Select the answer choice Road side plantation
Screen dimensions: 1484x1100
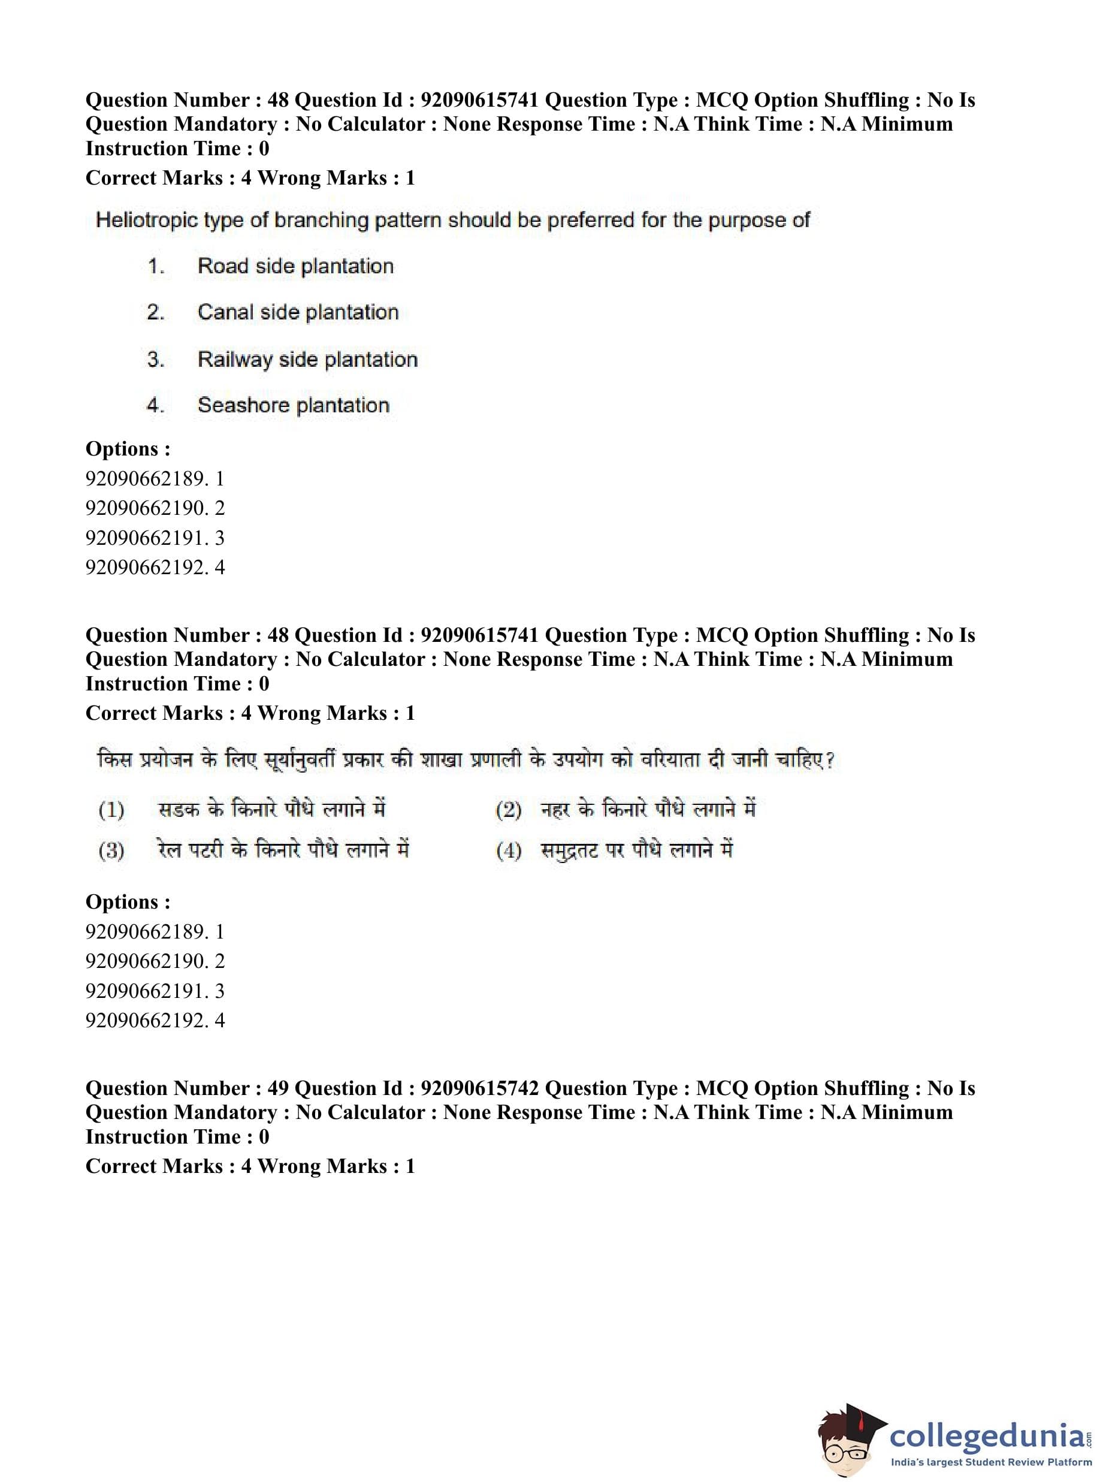(x=295, y=267)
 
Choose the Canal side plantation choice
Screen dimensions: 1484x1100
(x=298, y=312)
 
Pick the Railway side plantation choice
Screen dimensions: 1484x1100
(x=307, y=360)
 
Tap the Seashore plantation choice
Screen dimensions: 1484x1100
(x=293, y=405)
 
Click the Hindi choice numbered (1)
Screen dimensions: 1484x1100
(x=271, y=809)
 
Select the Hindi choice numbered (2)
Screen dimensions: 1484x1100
(x=648, y=809)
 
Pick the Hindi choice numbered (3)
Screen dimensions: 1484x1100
(x=283, y=850)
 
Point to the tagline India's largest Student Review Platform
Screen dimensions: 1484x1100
(x=991, y=1462)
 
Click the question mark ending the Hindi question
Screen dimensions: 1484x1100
(x=829, y=760)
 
